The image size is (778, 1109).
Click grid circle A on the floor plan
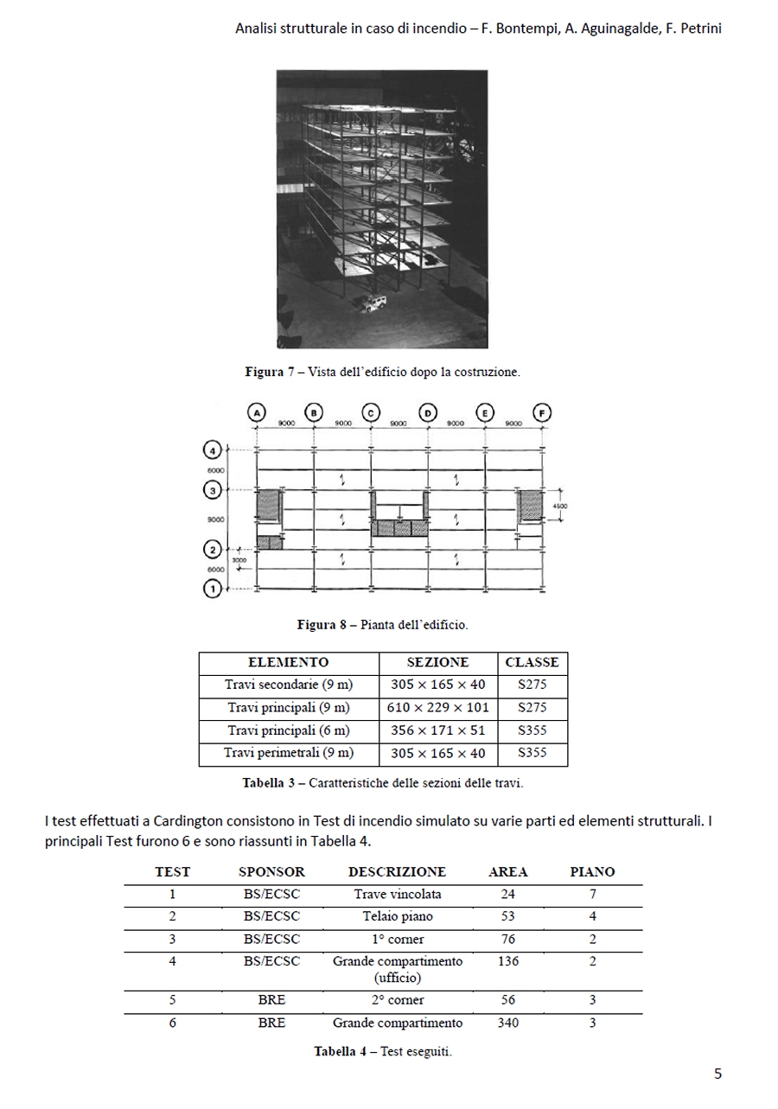point(257,413)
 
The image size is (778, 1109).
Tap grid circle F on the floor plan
point(542,413)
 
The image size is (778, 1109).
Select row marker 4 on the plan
point(212,449)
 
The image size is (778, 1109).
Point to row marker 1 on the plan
point(212,590)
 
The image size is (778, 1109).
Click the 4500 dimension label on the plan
point(560,507)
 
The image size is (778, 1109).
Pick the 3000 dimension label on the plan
point(239,560)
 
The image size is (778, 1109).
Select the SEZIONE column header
point(437,663)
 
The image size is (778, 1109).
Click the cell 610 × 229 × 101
point(437,708)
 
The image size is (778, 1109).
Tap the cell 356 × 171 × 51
point(437,730)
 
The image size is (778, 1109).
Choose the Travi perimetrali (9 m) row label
point(289,753)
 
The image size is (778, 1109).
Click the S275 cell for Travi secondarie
point(532,685)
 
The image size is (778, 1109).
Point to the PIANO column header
point(592,872)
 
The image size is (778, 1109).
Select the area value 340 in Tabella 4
point(508,1023)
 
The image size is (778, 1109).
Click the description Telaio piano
point(398,916)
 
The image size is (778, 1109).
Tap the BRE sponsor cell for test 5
point(271,1000)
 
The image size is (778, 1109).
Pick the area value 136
point(508,961)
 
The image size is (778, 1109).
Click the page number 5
point(717,1074)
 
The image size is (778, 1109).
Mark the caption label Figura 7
point(270,373)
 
